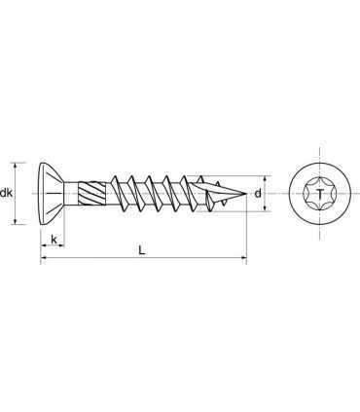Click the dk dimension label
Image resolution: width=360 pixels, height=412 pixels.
(x=6, y=193)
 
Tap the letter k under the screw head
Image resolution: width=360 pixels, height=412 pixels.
(x=54, y=240)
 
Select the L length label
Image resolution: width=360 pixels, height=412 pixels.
(x=141, y=250)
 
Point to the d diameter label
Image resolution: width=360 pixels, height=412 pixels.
(x=258, y=194)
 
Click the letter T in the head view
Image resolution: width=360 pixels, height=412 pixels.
(x=320, y=194)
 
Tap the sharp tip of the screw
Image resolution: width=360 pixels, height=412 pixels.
(x=247, y=194)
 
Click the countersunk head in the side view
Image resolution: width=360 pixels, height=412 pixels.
(x=52, y=194)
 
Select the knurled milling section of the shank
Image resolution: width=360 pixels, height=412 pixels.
(x=91, y=194)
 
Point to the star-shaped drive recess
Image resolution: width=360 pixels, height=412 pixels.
(x=320, y=194)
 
